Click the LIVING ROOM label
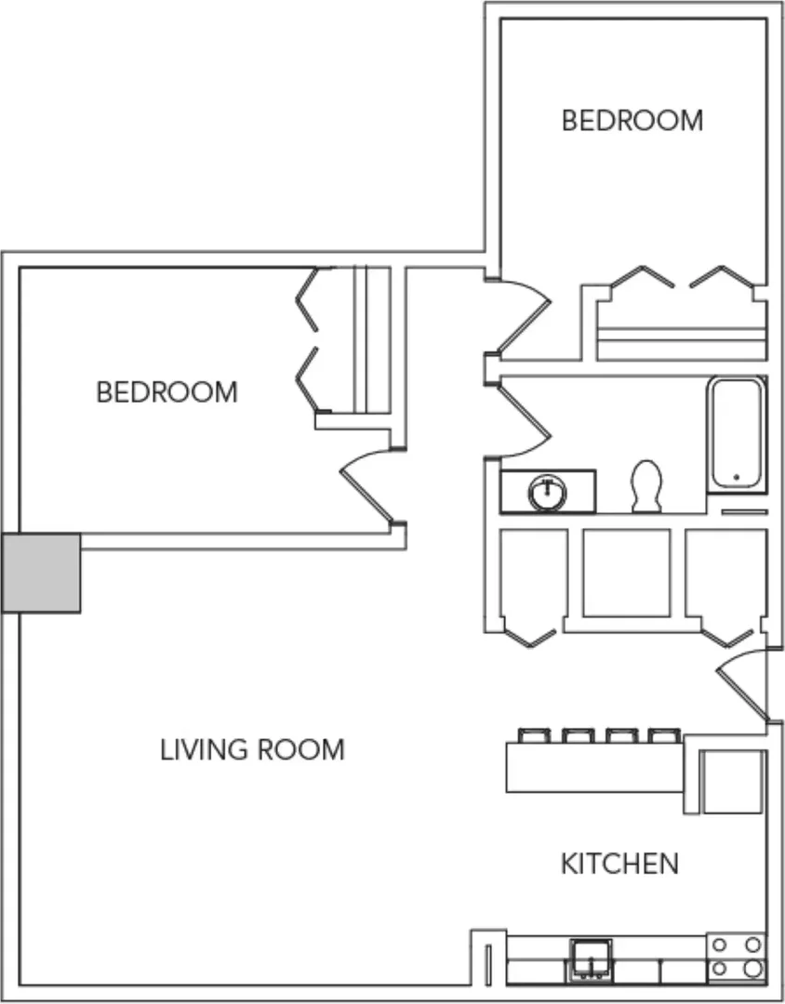coord(252,750)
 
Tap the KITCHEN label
coord(619,864)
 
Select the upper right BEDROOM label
coord(632,120)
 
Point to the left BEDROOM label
coord(166,392)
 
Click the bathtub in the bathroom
coord(737,434)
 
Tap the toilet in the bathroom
coord(646,486)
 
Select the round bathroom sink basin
coord(548,493)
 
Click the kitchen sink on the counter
coord(591,958)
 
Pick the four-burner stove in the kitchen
coord(737,958)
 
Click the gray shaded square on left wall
coord(41,573)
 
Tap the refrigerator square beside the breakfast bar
coord(733,782)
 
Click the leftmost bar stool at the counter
coord(534,735)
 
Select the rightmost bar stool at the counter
coord(664,735)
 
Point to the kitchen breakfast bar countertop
coord(594,768)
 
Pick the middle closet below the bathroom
coord(627,573)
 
